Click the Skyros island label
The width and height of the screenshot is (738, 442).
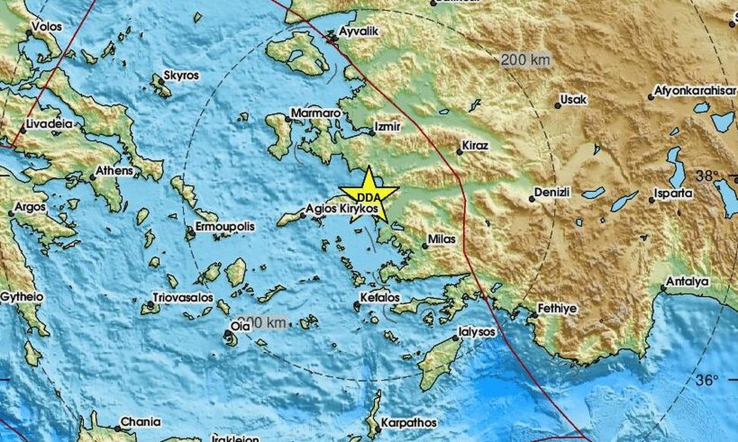(x=182, y=76)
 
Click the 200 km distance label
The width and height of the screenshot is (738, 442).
(x=525, y=60)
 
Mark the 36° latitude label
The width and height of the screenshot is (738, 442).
(x=707, y=380)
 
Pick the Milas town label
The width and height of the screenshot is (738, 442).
(x=442, y=239)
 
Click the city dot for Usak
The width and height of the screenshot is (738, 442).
(x=558, y=106)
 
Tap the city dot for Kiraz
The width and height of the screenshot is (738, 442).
(x=460, y=152)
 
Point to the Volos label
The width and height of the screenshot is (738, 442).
(x=46, y=26)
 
